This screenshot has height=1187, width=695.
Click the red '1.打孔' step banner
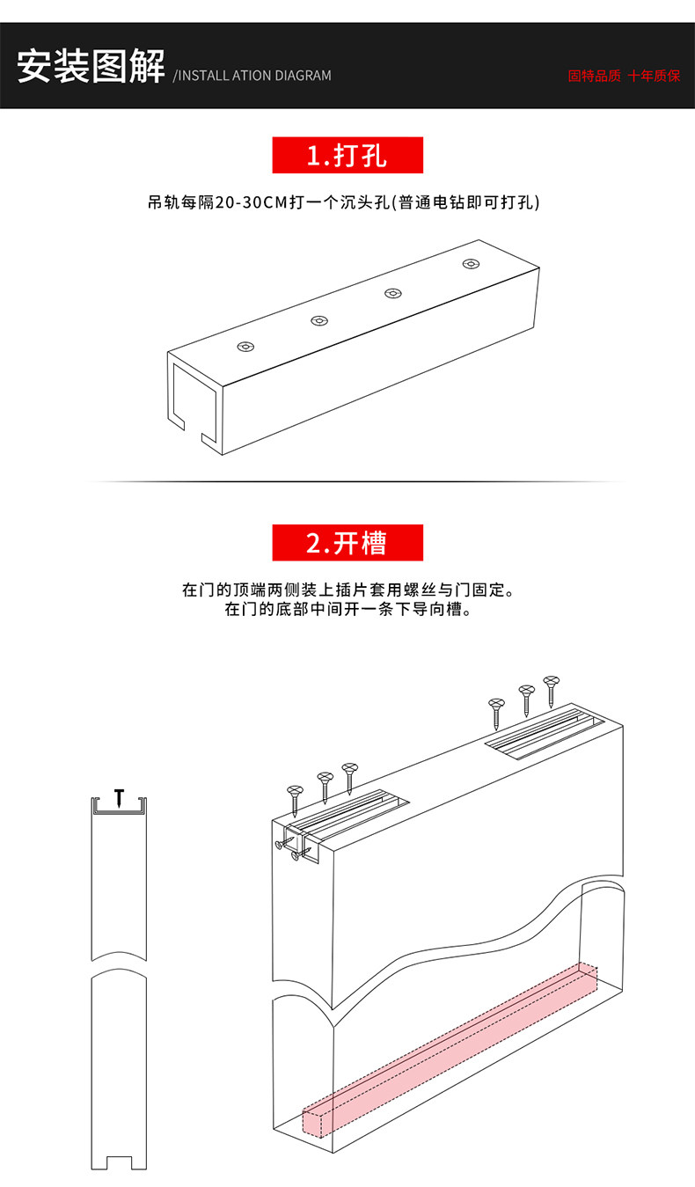[347, 156]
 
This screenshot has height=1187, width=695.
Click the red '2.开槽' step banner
[347, 543]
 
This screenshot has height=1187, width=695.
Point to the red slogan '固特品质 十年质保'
[624, 76]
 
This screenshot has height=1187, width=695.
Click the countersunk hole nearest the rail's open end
[246, 347]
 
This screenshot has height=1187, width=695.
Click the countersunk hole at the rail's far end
[472, 264]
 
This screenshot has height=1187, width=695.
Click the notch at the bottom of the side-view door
[120, 1161]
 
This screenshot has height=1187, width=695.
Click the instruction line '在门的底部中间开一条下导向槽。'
[347, 609]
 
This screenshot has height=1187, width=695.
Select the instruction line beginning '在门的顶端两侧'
[347, 590]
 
